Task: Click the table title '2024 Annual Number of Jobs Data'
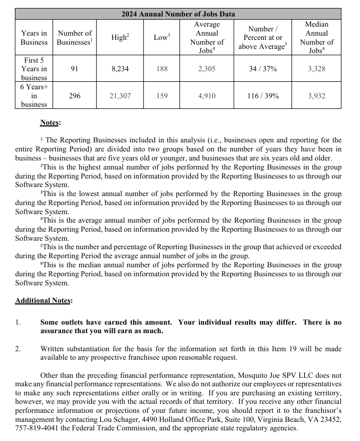(178, 14)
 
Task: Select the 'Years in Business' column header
(34, 37)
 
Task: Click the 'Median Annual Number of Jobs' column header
(316, 37)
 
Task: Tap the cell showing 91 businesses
(75, 69)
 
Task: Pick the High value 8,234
(120, 69)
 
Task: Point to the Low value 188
(161, 69)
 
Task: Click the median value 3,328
(316, 69)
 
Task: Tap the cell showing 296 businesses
(75, 96)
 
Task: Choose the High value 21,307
(120, 96)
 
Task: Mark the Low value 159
(161, 96)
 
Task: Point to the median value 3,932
(316, 96)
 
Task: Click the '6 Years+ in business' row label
(34, 96)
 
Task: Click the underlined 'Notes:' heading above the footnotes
(50, 123)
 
